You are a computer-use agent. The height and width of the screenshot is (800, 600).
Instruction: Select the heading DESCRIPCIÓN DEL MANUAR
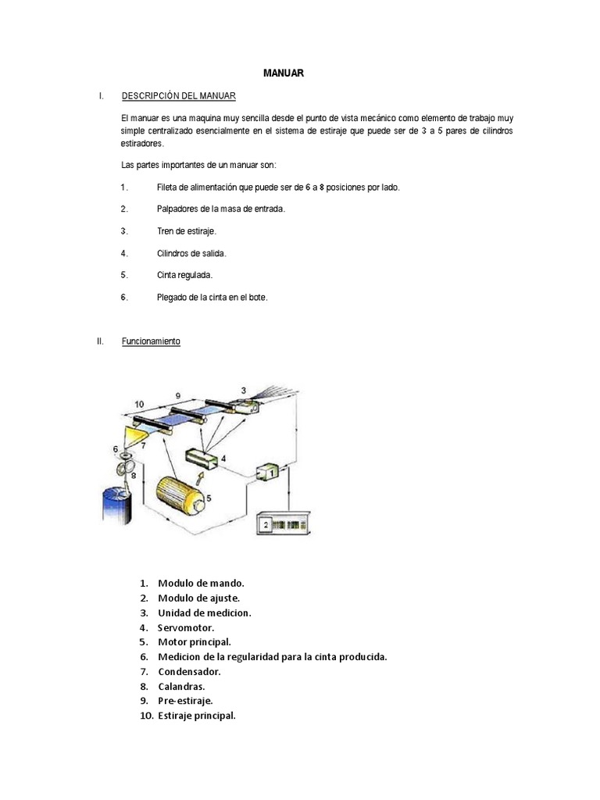point(178,96)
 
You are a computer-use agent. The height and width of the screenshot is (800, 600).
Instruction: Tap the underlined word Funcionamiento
point(151,342)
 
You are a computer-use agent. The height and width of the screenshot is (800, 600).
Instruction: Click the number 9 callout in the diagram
point(178,396)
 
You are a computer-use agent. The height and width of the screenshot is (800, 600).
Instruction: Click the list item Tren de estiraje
point(186,231)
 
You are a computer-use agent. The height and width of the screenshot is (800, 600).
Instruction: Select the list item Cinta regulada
point(184,275)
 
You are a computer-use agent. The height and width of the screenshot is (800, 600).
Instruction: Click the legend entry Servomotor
point(186,627)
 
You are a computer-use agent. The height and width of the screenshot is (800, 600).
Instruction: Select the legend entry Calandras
point(181,686)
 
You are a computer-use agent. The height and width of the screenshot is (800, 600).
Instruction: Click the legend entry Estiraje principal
point(196,716)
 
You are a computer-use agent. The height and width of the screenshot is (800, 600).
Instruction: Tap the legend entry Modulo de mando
point(201,583)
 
